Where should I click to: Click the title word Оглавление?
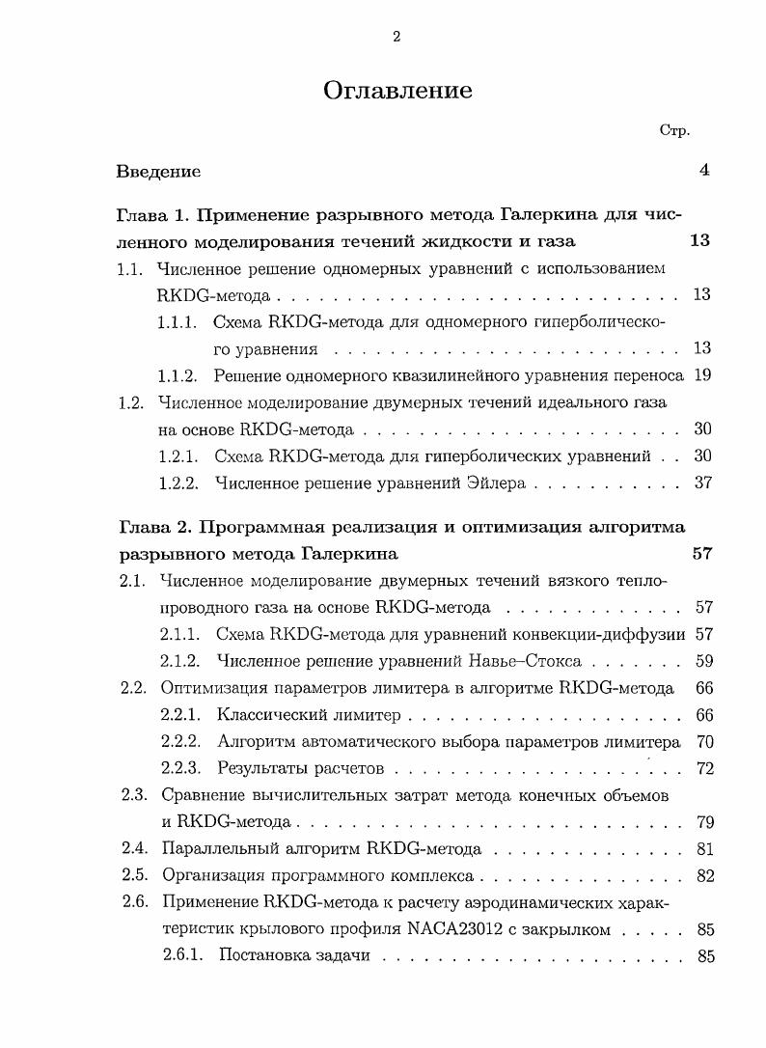[x=397, y=90]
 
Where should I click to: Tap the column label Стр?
[x=674, y=130]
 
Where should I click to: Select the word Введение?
[x=158, y=171]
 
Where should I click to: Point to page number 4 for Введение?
[x=704, y=170]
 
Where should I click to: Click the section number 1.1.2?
[x=178, y=375]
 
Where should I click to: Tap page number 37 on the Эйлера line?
[x=702, y=483]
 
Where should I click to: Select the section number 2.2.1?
[x=179, y=715]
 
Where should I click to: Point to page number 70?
[x=703, y=742]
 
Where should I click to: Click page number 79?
[x=703, y=822]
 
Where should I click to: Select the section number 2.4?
[x=133, y=849]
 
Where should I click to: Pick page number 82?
[x=703, y=876]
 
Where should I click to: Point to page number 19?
[x=702, y=375]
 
